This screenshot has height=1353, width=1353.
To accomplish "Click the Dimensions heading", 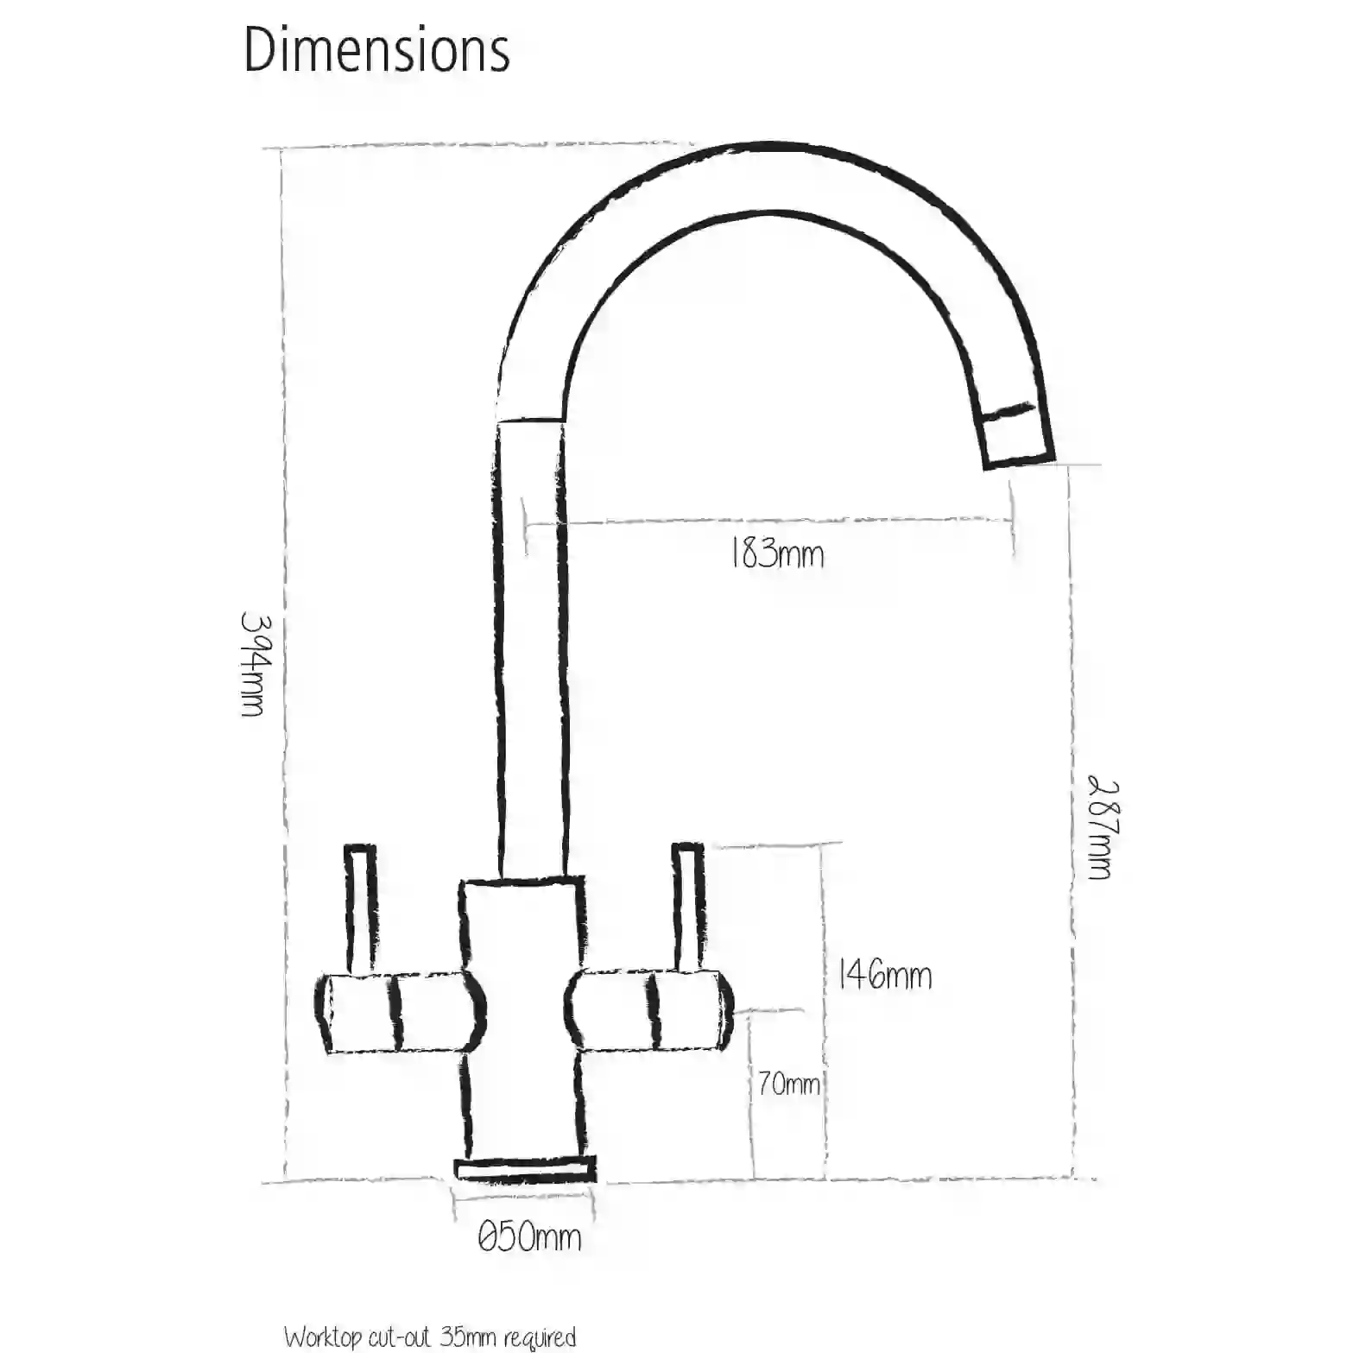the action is (x=376, y=50).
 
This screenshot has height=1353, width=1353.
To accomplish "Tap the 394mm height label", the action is (x=253, y=664).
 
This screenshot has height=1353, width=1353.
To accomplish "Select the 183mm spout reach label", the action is (x=777, y=553).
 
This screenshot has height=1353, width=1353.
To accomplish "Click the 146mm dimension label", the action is (x=885, y=976).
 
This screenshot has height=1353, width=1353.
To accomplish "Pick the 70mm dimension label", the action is (x=788, y=1084).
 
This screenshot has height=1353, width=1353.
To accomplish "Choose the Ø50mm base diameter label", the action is (x=529, y=1237).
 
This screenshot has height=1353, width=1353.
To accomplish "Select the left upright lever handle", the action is (x=360, y=908).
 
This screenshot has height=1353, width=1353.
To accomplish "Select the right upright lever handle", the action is (x=688, y=908).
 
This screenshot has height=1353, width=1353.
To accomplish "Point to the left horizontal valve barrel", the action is (x=399, y=1012).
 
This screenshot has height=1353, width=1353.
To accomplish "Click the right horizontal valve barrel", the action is (x=649, y=1010).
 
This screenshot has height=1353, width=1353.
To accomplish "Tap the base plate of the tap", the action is (x=526, y=1170).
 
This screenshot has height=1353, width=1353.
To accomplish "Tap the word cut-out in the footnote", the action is (x=400, y=1337).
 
